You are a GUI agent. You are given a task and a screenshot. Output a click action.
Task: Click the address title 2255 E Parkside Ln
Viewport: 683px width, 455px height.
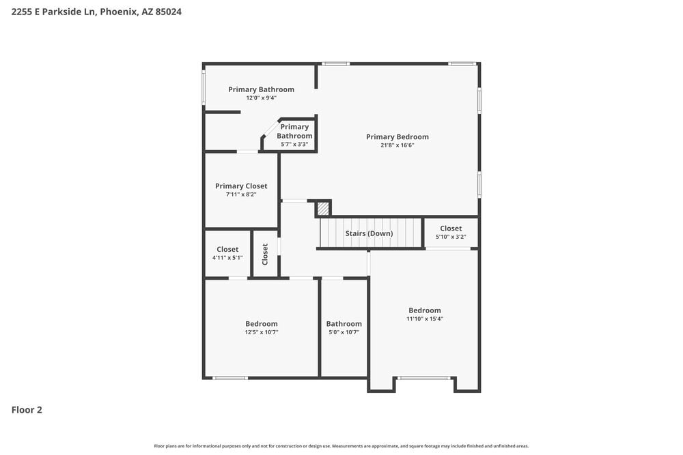tap(96, 12)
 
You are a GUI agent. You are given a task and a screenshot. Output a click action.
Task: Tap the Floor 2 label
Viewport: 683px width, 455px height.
tap(27, 410)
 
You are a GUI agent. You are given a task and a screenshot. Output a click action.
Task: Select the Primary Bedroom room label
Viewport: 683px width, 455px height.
tap(398, 136)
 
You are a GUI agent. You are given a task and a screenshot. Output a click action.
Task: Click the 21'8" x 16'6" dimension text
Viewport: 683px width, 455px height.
tap(398, 145)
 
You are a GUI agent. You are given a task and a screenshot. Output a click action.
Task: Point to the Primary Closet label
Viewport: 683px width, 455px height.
tap(241, 186)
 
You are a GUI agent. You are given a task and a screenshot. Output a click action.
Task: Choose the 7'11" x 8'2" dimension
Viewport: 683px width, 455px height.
tap(241, 194)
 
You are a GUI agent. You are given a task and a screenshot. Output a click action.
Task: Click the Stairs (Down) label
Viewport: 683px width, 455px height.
tap(369, 233)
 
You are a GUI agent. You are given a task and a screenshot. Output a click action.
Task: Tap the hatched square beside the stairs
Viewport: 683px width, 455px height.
tap(323, 209)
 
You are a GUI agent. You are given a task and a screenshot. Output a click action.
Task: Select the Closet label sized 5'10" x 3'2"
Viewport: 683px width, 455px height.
tap(451, 229)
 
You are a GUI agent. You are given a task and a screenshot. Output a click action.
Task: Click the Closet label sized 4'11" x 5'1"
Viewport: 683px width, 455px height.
tap(227, 249)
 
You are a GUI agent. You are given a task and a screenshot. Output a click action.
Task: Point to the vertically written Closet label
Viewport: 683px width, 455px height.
tap(265, 254)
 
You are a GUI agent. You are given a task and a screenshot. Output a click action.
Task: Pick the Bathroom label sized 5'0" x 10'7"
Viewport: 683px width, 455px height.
tap(344, 324)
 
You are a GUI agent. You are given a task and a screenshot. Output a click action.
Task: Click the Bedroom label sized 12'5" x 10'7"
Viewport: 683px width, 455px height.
tap(262, 323)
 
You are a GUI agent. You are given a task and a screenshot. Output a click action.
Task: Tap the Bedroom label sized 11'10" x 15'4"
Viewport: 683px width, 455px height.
tap(425, 310)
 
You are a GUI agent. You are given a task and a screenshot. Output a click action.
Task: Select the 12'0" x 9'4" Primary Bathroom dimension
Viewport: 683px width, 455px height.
tap(261, 98)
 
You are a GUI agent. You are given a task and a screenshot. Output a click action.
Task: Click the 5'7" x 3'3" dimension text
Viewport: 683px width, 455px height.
tap(294, 144)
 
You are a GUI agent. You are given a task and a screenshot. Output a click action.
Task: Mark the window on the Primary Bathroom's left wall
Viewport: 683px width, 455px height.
tap(204, 88)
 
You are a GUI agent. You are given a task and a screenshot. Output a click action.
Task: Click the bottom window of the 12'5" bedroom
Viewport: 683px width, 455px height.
tap(230, 377)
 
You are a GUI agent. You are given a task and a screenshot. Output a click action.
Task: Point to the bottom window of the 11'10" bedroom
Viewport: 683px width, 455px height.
tap(424, 377)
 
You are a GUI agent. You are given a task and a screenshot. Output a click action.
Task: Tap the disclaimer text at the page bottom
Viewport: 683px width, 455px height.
tap(341, 446)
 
